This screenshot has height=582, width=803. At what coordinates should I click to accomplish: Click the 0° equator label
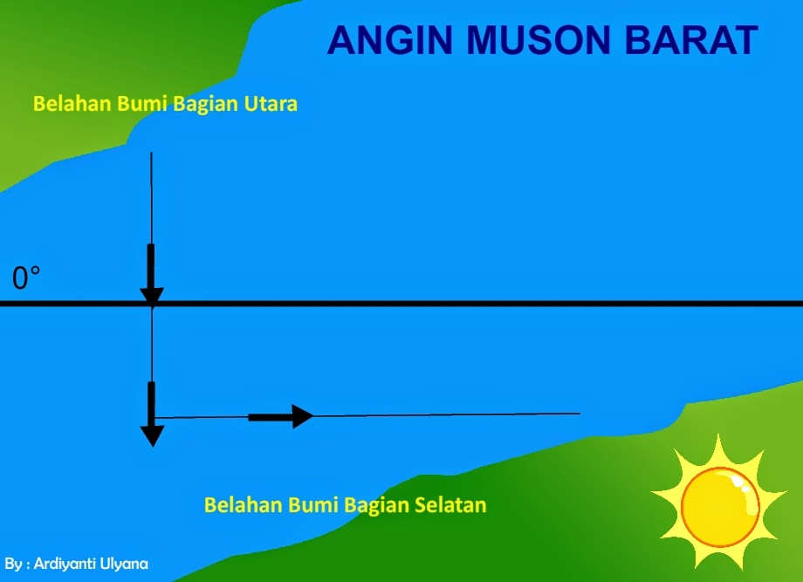pyautogui.click(x=25, y=278)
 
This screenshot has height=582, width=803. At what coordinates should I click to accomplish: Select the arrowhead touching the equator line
pyautogui.click(x=152, y=294)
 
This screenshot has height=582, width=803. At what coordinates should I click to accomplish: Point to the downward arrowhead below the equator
pyautogui.click(x=153, y=435)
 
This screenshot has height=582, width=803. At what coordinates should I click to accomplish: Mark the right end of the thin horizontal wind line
pyautogui.click(x=580, y=414)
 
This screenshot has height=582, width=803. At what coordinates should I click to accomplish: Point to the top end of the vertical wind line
pyautogui.click(x=152, y=154)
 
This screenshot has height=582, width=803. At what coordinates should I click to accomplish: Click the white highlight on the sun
pyautogui.click(x=741, y=483)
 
